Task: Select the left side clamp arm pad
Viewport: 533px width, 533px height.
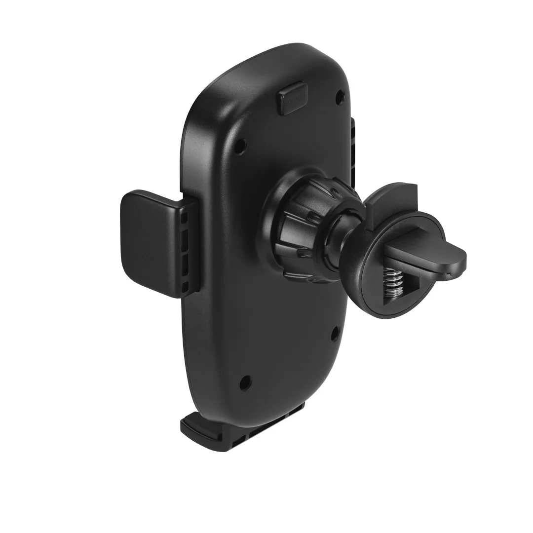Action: click(x=146, y=242)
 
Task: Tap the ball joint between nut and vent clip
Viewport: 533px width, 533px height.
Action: click(x=345, y=232)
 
